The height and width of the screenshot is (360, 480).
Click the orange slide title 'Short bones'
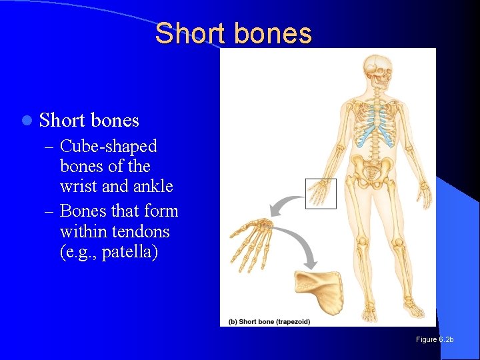(233, 33)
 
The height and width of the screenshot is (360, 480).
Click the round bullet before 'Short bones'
(26, 121)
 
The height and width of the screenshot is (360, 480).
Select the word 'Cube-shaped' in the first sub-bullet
(109, 146)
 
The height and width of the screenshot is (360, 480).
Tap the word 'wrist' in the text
(78, 187)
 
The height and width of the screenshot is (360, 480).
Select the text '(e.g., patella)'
(109, 253)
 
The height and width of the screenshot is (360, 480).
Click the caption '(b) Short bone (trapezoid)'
(269, 321)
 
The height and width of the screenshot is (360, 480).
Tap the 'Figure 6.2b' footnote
(434, 340)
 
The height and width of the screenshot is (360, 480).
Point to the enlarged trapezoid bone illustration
(319, 290)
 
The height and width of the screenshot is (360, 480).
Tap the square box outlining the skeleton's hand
(321, 193)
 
